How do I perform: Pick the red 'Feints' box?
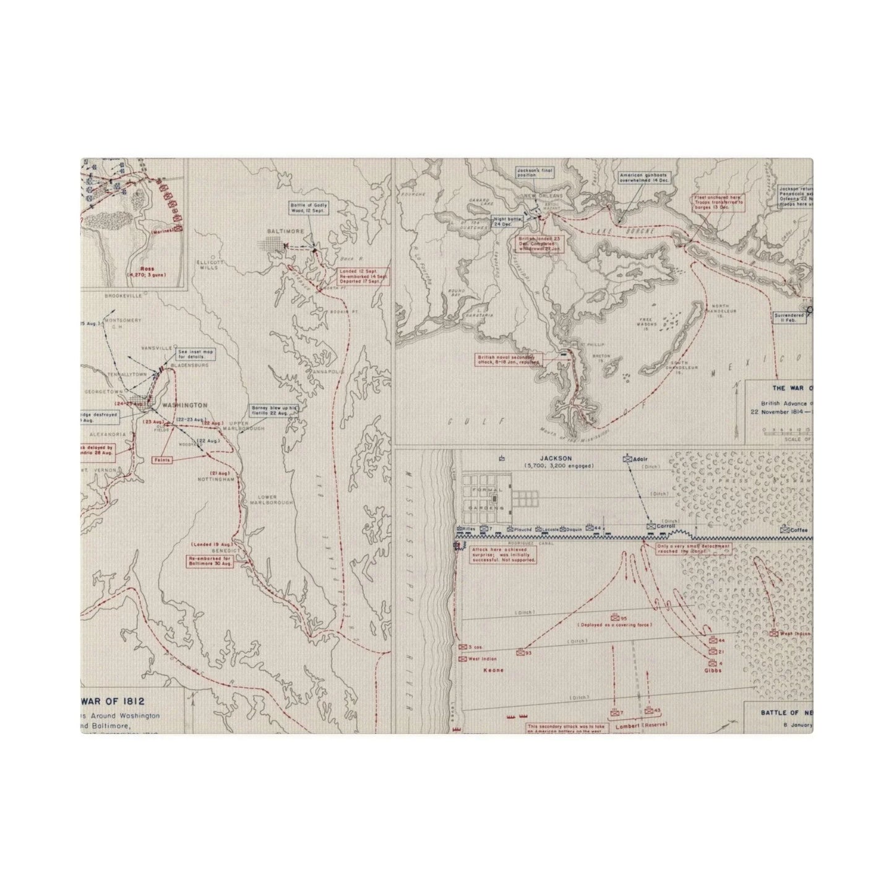(162, 460)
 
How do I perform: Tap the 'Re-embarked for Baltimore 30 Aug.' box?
(210, 561)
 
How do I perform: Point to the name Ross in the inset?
(147, 269)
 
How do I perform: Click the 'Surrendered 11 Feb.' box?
(789, 317)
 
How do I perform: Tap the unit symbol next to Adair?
(627, 460)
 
